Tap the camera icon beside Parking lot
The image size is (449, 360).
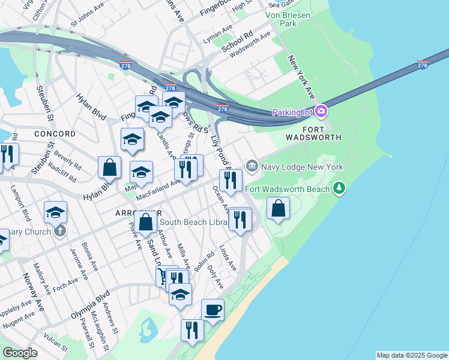321,112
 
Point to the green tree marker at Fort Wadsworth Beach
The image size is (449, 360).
340,189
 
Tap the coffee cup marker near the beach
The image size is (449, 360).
212,310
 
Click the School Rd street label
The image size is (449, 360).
237,41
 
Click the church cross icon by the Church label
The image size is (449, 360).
59,232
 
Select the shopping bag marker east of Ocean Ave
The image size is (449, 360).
279,209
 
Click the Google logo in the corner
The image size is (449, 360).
20,353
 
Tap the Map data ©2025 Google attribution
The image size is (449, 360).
412,355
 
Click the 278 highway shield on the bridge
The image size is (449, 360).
422,65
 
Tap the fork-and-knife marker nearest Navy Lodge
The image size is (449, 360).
230,179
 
